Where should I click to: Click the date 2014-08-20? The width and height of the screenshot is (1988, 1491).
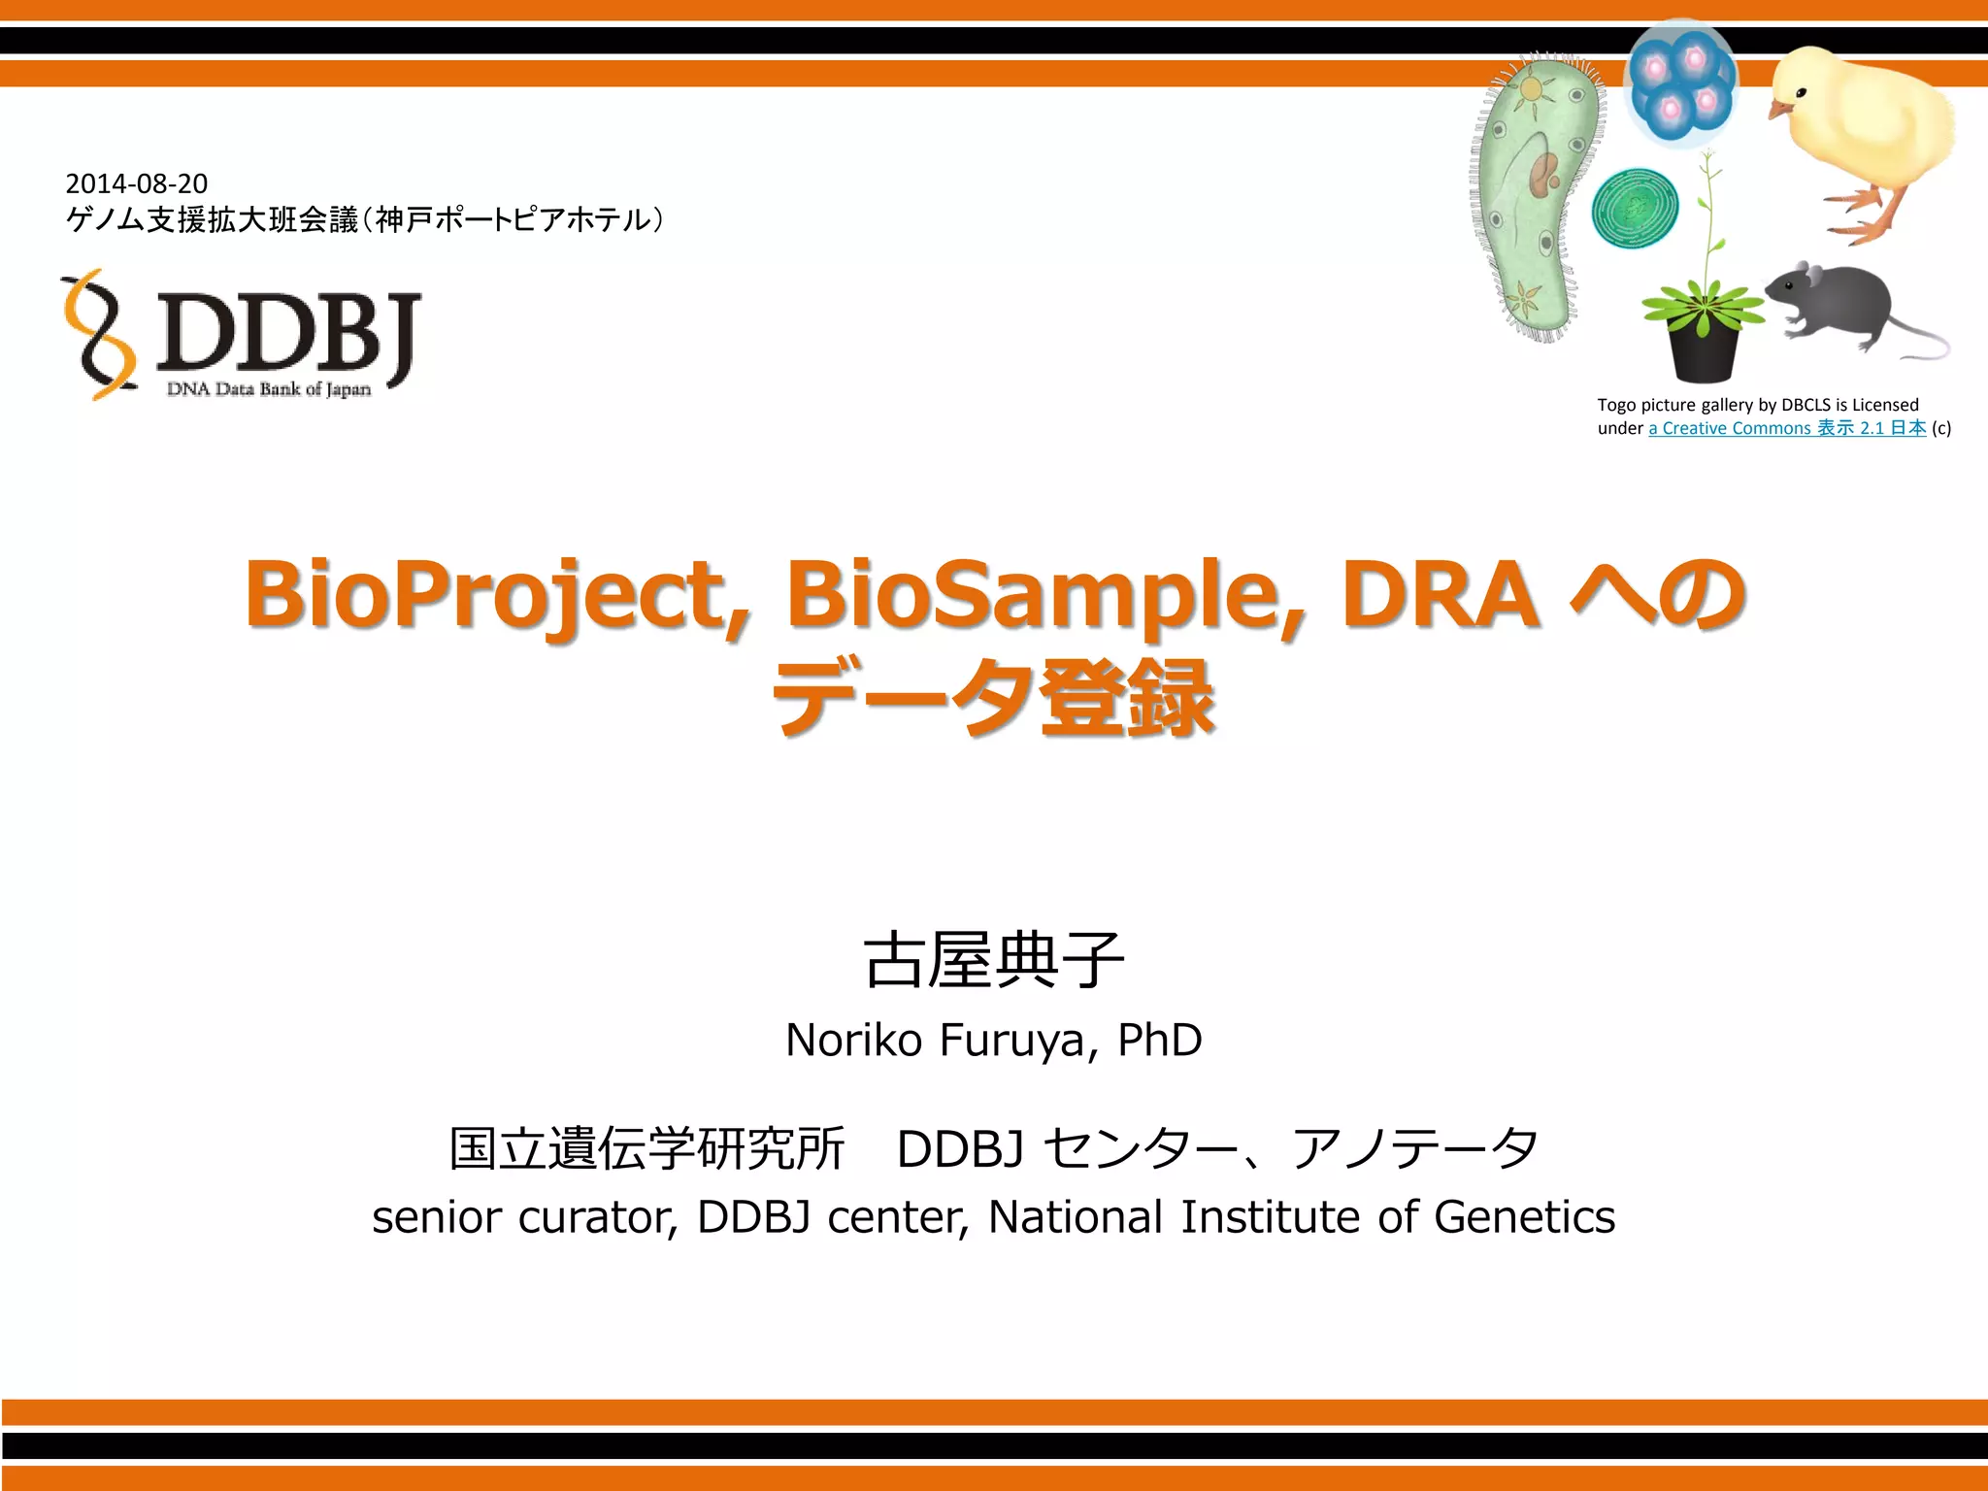coord(136,183)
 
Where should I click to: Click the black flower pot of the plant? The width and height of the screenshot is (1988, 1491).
coord(1704,354)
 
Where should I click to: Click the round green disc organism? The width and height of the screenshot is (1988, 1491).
coord(1635,208)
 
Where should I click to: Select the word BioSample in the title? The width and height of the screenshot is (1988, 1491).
coord(1044,594)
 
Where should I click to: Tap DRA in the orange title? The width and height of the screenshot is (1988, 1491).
coord(1441,594)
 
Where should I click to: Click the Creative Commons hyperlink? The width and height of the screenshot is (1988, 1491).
coord(1786,428)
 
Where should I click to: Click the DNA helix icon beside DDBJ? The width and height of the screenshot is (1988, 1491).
coord(97,335)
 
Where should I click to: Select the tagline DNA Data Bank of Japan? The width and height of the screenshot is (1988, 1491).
coord(269,389)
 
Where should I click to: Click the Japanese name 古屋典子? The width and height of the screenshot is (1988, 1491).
coord(993,960)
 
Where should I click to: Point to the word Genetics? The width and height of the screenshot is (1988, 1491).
coord(1524,1217)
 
